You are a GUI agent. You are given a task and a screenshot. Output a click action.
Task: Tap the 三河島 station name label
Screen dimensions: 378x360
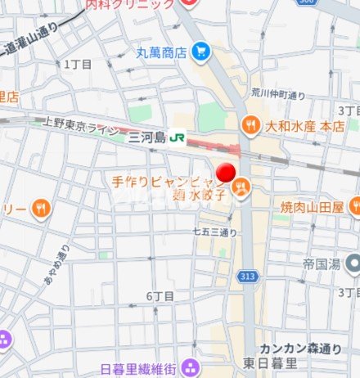pyautogui.click(x=147, y=137)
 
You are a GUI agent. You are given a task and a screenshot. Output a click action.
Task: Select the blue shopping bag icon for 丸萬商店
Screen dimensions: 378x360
pyautogui.click(x=201, y=53)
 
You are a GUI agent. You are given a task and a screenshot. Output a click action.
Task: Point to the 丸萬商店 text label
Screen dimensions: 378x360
pyautogui.click(x=161, y=53)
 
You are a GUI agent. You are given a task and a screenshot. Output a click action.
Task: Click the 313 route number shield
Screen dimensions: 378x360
pyautogui.click(x=247, y=277)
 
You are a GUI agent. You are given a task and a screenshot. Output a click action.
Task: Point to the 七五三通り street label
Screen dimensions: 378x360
pyautogui.click(x=214, y=232)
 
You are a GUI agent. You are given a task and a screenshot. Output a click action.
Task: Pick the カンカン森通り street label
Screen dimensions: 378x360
pyautogui.click(x=300, y=348)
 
